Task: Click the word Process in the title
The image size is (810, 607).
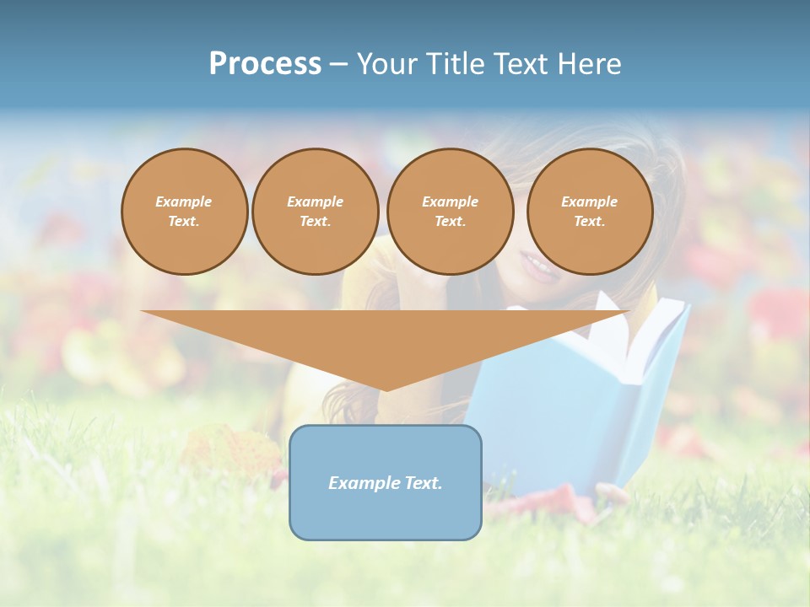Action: tap(265, 64)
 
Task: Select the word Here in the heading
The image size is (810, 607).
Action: tap(587, 64)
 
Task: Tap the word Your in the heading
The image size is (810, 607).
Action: tap(386, 64)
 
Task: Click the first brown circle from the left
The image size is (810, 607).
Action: tap(184, 212)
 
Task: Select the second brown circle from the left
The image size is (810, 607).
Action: tap(315, 212)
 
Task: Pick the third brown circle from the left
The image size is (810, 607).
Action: tap(450, 212)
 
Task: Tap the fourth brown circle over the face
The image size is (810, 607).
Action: tap(589, 212)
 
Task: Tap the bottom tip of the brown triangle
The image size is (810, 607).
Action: tap(386, 390)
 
